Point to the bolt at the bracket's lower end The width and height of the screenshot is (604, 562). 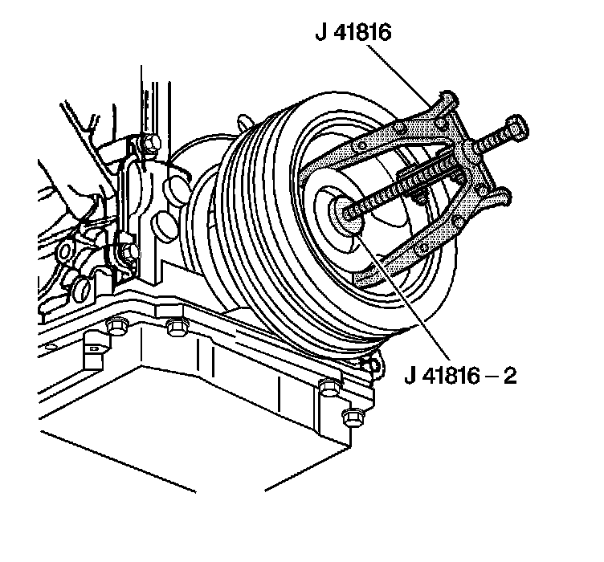click(129, 252)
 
